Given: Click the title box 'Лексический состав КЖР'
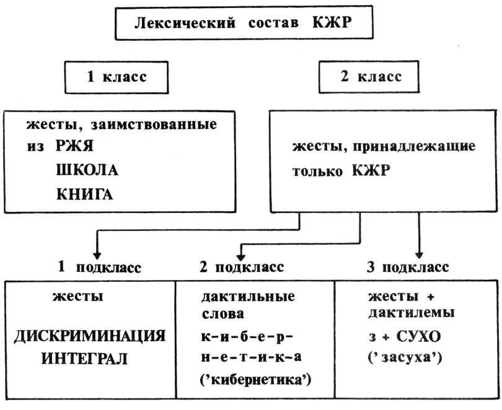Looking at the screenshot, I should point(245,24).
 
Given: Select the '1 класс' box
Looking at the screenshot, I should point(116,77).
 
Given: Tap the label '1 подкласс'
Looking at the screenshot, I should point(99,268).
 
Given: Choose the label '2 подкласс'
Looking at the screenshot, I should point(242,268).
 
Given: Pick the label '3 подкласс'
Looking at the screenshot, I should point(408,268).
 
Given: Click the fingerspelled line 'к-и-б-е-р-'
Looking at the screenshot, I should point(247,336).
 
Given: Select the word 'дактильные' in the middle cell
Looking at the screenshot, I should point(247,295).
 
